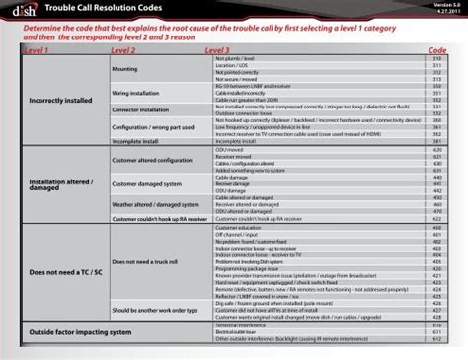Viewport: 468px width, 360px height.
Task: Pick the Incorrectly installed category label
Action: (x=60, y=101)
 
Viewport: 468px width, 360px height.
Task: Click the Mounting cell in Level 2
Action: (x=124, y=69)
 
